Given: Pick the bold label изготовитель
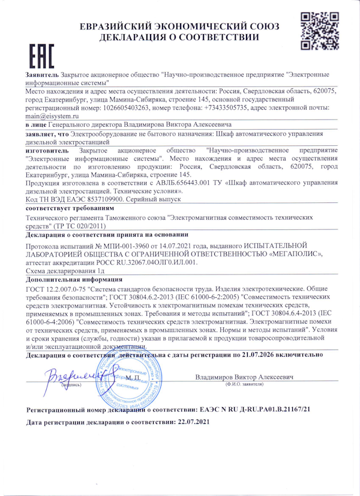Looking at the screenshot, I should [47, 150].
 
